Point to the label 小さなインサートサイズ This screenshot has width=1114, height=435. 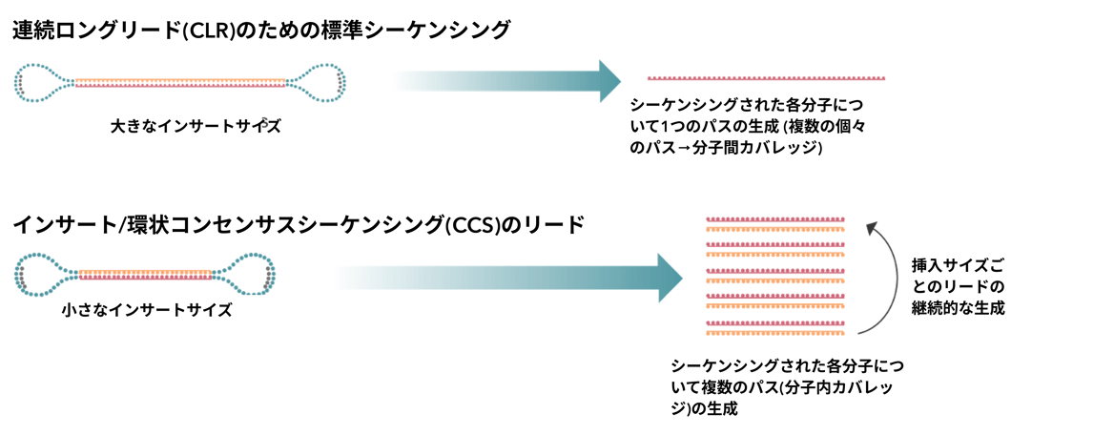tap(147, 311)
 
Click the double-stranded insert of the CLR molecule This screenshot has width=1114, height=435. tap(179, 82)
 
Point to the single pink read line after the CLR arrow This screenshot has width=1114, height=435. tap(766, 77)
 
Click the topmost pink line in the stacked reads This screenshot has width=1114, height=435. tap(775, 218)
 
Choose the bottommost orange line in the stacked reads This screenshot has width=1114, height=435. tap(775, 332)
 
